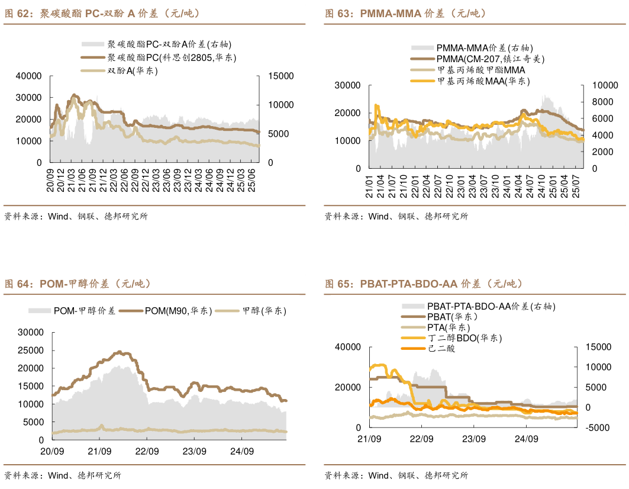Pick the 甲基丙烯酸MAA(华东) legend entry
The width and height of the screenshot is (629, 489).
point(483,81)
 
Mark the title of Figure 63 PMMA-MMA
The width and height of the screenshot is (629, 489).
point(405,13)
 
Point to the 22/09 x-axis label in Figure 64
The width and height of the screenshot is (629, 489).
point(147,451)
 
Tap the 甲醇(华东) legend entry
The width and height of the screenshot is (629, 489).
point(264,310)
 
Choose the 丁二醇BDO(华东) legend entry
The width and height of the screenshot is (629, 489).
point(465,338)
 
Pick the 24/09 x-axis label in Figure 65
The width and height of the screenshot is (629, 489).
point(526,439)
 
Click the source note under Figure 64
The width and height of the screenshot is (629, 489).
point(62,475)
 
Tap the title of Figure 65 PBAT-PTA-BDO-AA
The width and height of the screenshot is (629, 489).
point(423,284)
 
